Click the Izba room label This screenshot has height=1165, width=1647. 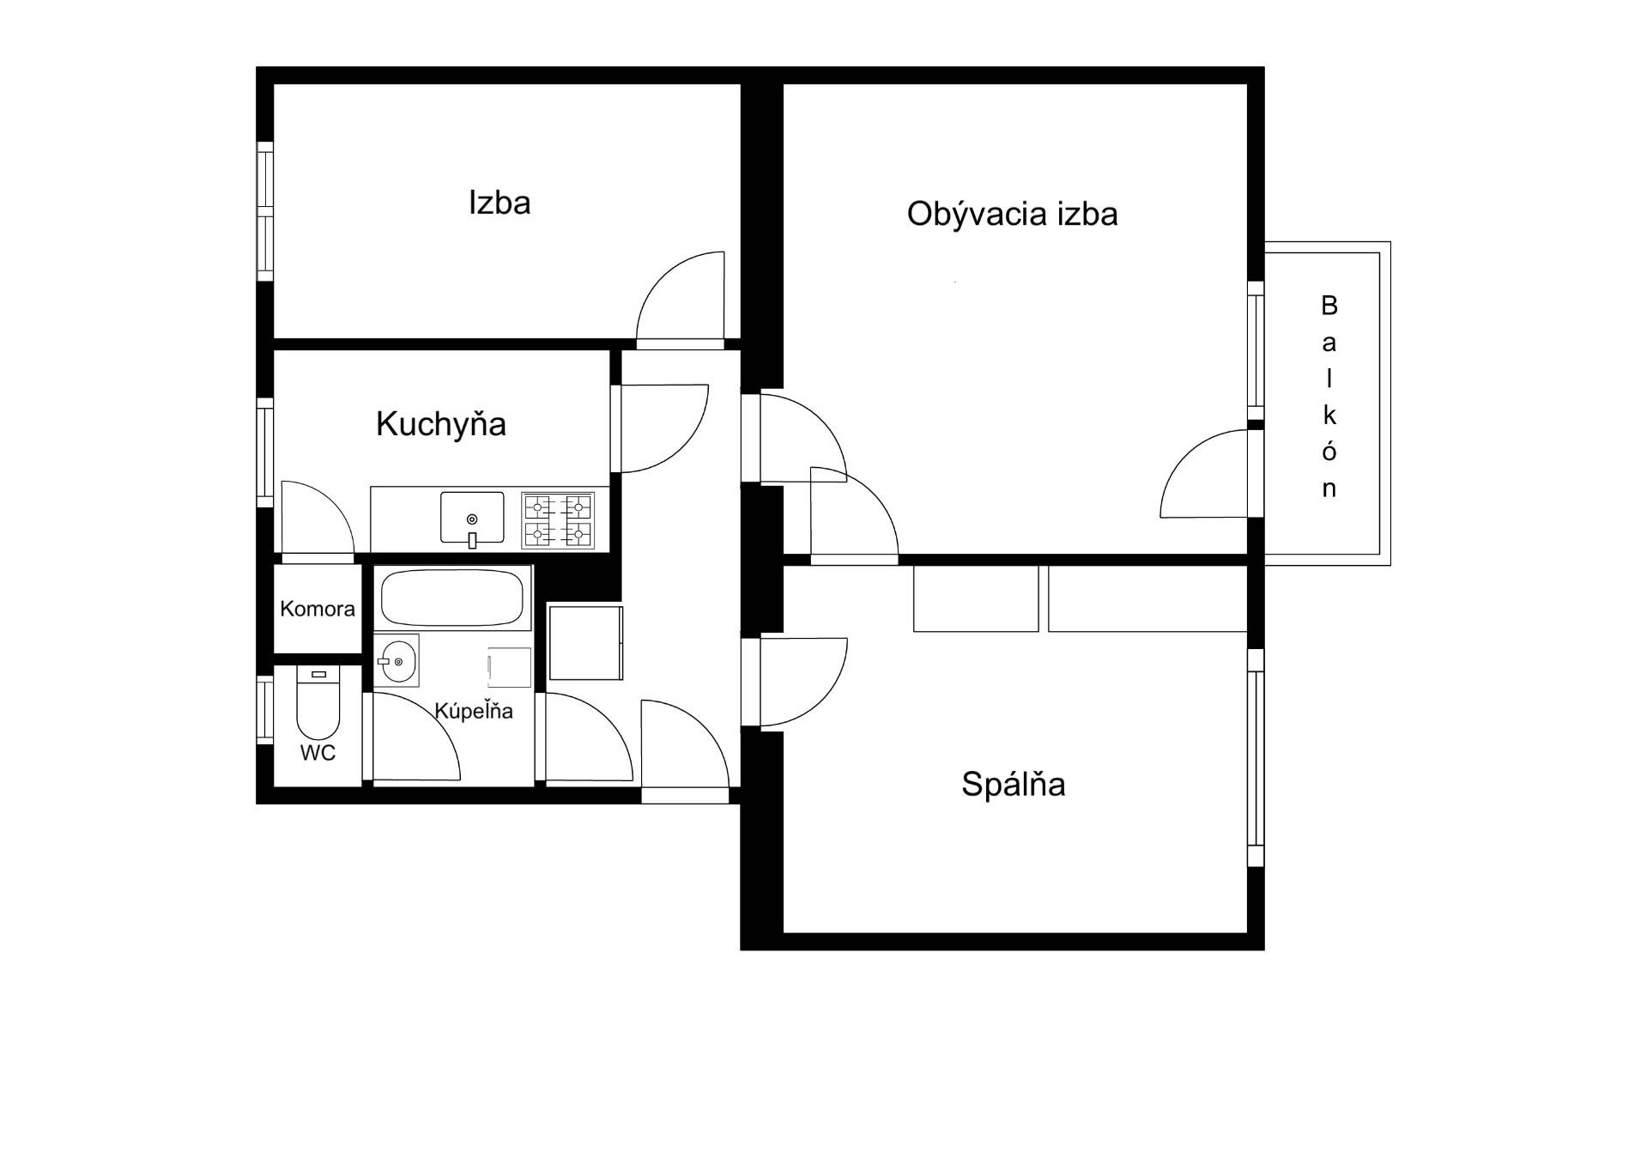(x=500, y=203)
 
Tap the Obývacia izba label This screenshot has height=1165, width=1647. (x=1012, y=214)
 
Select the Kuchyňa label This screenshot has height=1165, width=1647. (x=441, y=424)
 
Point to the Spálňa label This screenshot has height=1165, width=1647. (x=1014, y=784)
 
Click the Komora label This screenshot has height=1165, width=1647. (x=318, y=609)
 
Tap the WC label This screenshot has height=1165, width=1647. (x=318, y=753)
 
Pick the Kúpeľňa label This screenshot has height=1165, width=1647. (x=474, y=710)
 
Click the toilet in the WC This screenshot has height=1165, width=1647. (x=318, y=704)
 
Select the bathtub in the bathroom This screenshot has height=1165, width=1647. (x=452, y=598)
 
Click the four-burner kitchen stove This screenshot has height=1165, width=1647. (x=558, y=520)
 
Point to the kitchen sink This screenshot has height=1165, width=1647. (x=472, y=519)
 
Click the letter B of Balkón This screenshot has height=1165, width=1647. (x=1329, y=305)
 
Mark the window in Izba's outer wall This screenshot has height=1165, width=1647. (x=265, y=211)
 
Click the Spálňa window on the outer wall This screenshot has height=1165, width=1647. (x=1256, y=758)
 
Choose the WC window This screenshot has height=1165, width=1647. (x=265, y=710)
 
